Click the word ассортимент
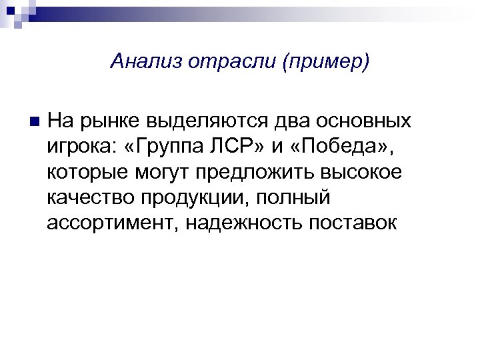107,223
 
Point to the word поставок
352,223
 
